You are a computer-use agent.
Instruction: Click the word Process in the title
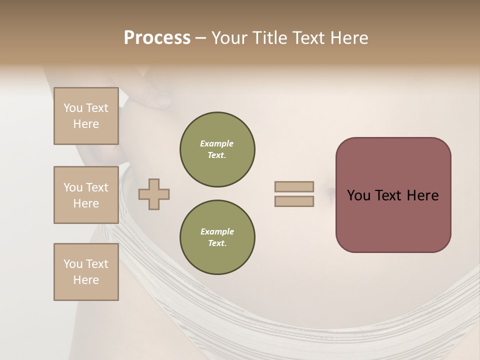pos(157,38)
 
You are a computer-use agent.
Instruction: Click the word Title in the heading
pos(269,38)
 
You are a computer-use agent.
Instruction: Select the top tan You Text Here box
pos(86,116)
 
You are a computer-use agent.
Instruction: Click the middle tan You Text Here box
pos(86,195)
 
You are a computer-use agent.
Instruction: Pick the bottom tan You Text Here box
pos(86,272)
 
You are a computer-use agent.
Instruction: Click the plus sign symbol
pos(154,194)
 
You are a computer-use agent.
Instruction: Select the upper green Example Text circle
pos(217,149)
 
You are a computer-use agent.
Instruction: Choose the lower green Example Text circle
pos(217,237)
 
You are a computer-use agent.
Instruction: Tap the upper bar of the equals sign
pos(294,186)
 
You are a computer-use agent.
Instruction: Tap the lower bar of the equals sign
pos(294,201)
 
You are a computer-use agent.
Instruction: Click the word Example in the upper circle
pos(217,143)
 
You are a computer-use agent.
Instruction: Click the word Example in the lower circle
pos(217,231)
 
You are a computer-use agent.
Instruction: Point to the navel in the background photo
pos(330,191)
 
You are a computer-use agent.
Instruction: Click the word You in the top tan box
pos(73,108)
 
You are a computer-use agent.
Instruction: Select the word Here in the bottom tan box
pos(86,280)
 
